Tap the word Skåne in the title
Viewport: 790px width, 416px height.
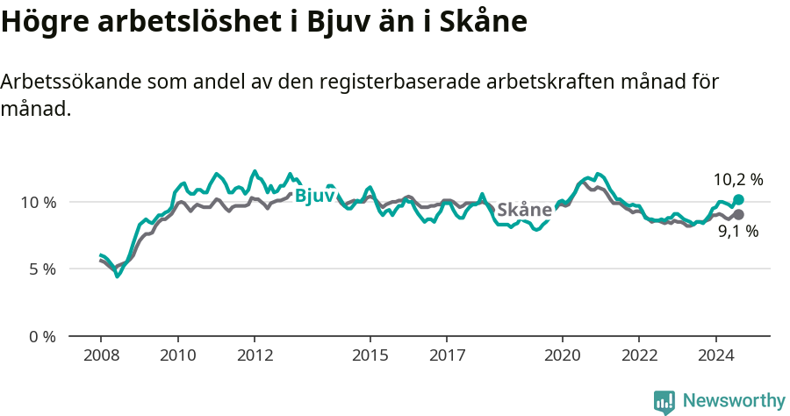(x=481, y=22)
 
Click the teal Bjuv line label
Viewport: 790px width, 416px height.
(x=314, y=196)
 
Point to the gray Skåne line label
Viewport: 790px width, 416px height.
(x=524, y=210)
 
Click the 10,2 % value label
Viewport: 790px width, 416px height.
(x=737, y=180)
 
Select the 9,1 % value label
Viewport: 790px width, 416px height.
(x=737, y=233)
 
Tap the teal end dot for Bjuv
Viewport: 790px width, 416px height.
(x=738, y=200)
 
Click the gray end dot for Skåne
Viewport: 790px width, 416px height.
(x=738, y=214)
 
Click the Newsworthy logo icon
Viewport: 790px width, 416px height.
(x=664, y=402)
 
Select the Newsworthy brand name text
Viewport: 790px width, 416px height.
(x=733, y=401)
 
